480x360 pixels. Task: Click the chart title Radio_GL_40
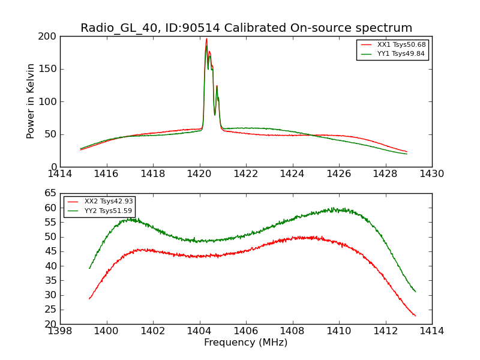pyautogui.click(x=246, y=28)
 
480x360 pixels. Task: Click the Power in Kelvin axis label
pyautogui.click(x=31, y=101)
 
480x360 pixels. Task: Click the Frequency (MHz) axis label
pyautogui.click(x=246, y=343)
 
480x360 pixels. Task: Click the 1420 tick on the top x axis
pyautogui.click(x=200, y=174)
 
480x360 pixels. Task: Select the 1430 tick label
pyautogui.click(x=432, y=174)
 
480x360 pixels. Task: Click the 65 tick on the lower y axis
pyautogui.click(x=50, y=194)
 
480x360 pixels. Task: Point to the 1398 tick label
pyautogui.click(x=60, y=331)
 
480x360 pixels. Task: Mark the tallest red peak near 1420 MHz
pyautogui.click(x=206, y=40)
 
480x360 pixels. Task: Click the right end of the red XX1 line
pyautogui.click(x=407, y=152)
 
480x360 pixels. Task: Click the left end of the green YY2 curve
pyautogui.click(x=89, y=268)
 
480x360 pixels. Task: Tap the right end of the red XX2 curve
pyautogui.click(x=415, y=316)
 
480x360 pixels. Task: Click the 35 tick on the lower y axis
pyautogui.click(x=50, y=281)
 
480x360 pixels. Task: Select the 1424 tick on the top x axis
pyautogui.click(x=293, y=174)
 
